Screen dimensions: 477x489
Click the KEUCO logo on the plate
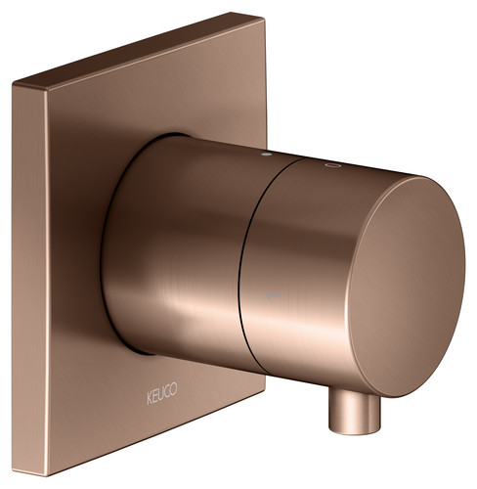click(162, 393)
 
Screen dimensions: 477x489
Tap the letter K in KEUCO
click(150, 399)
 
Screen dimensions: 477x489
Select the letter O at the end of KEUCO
click(174, 388)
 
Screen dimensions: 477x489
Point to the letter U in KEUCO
click(162, 393)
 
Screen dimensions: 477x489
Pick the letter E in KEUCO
click(155, 396)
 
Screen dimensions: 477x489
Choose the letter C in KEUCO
click(168, 391)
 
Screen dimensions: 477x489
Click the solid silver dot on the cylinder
click(267, 155)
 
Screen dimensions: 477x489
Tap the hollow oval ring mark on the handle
click(332, 165)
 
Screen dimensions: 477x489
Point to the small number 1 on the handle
click(273, 295)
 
